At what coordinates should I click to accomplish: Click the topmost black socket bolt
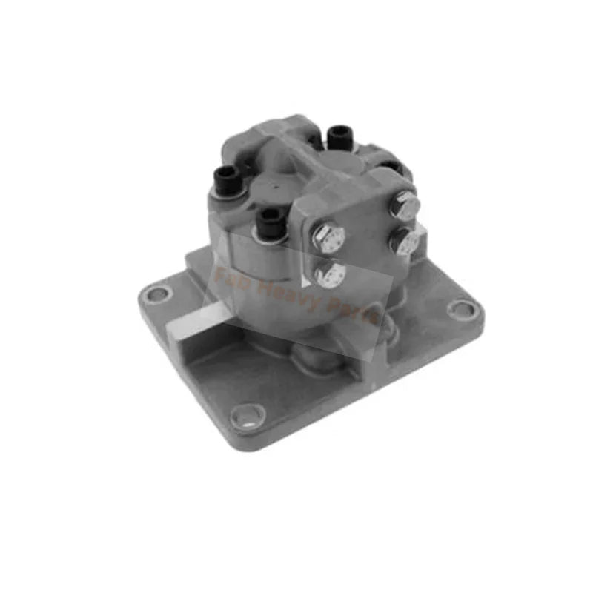338,136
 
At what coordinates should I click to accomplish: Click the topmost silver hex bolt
405,205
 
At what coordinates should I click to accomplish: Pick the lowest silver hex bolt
330,274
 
